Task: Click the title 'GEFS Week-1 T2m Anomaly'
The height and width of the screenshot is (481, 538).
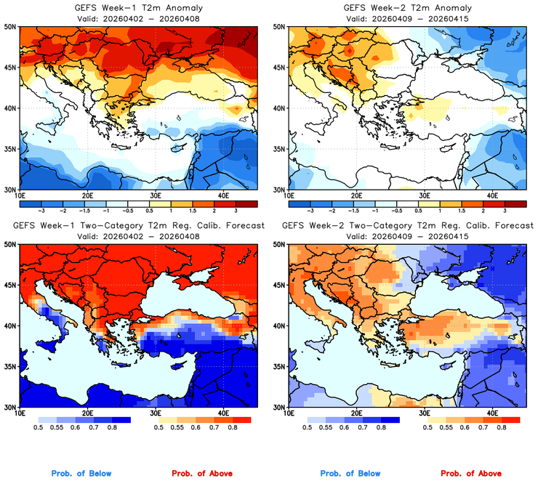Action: pyautogui.click(x=138, y=7)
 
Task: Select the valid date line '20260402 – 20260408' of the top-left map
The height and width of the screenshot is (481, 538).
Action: pyautogui.click(x=138, y=17)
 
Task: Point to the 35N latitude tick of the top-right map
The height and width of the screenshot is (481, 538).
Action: pyautogui.click(x=278, y=148)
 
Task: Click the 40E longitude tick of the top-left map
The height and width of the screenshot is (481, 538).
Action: pyautogui.click(x=224, y=195)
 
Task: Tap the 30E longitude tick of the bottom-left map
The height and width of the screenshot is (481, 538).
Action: pyautogui.click(x=156, y=413)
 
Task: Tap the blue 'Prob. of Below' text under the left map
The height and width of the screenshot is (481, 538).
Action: pyautogui.click(x=81, y=474)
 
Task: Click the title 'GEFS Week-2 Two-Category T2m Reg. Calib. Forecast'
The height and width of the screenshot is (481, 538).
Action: pyautogui.click(x=407, y=226)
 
